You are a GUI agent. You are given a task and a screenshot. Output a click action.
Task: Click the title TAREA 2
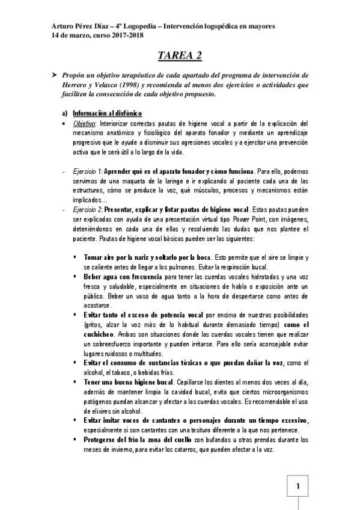click(180, 56)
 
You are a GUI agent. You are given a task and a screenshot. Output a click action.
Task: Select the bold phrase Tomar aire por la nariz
click(123, 257)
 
